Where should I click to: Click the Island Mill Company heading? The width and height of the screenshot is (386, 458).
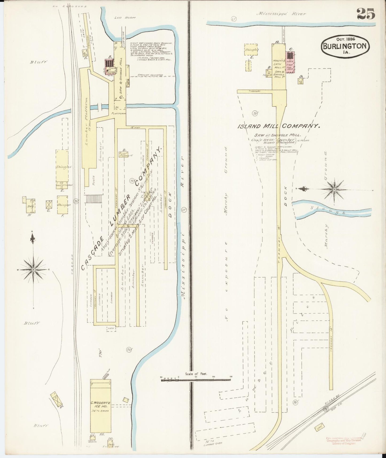279,126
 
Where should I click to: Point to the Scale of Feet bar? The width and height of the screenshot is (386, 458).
196,379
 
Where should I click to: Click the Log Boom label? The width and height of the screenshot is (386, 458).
125,18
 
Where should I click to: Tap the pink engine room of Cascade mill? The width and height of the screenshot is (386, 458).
109,64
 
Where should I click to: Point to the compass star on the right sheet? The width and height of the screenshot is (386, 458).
334,189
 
